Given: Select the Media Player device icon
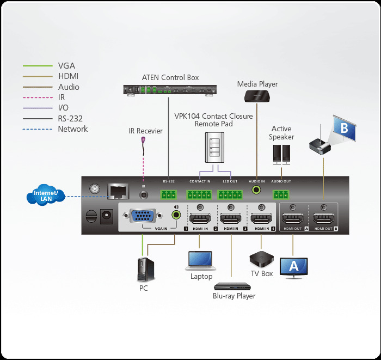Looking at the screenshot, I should click(257, 96).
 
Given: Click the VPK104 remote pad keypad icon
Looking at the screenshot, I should click(213, 147).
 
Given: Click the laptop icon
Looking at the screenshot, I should click(201, 261).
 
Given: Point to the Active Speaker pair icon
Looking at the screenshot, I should click(282, 154).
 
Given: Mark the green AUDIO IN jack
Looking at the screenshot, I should click(256, 191).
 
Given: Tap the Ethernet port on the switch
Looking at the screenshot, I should click(118, 191).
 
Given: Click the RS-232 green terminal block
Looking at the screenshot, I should click(169, 194).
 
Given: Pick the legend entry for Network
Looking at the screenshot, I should click(72, 129).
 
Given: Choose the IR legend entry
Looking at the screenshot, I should click(62, 97).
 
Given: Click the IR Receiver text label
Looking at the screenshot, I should click(145, 131).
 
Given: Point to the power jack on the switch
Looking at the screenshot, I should click(107, 216).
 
